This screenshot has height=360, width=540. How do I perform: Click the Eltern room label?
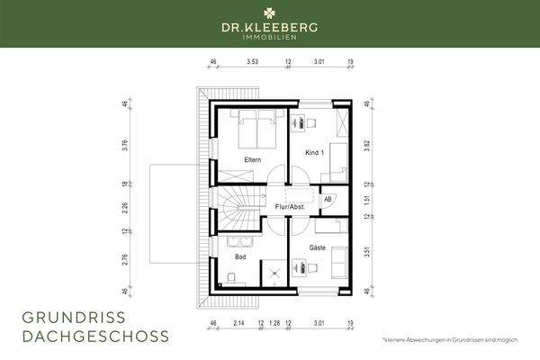(x=252, y=160)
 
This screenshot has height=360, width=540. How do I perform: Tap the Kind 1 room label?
(x=312, y=154)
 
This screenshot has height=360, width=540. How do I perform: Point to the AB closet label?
(x=328, y=199)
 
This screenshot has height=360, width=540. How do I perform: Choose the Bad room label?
(x=240, y=256)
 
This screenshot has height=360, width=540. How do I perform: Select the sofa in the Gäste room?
(x=338, y=262)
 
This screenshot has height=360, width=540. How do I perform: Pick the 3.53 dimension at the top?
(x=253, y=63)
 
